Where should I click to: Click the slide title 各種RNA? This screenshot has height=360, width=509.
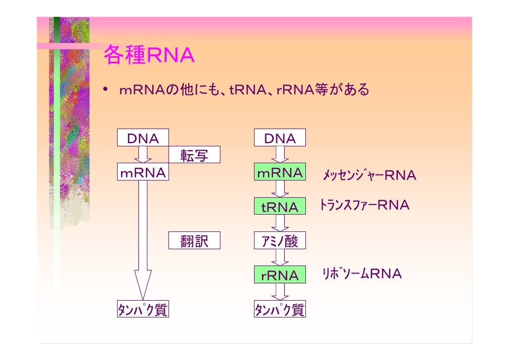149,54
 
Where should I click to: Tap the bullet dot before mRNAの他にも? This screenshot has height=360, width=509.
105,89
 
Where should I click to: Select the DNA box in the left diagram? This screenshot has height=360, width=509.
143,137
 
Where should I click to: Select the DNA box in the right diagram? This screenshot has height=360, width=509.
280,137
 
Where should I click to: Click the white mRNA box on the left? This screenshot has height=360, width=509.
143,172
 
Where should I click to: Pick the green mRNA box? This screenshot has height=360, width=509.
280,172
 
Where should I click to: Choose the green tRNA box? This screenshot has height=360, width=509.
280,206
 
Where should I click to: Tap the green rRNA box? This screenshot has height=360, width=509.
280,274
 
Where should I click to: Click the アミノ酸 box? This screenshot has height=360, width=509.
280,240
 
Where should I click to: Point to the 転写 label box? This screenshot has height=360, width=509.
194,155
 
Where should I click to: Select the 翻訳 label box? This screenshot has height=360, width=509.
194,240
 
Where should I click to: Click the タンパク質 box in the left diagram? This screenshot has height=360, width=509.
143,309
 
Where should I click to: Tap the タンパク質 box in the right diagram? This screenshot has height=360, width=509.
280,309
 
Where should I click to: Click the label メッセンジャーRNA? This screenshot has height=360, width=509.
370,175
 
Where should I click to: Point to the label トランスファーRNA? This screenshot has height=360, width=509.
364,205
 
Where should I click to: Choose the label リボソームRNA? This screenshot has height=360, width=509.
362,273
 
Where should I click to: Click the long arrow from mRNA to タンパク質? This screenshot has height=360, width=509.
143,240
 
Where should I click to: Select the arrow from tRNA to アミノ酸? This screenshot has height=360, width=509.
280,223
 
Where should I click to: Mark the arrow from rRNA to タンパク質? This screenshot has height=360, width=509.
280,291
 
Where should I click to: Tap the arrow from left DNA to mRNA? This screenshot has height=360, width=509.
143,154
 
